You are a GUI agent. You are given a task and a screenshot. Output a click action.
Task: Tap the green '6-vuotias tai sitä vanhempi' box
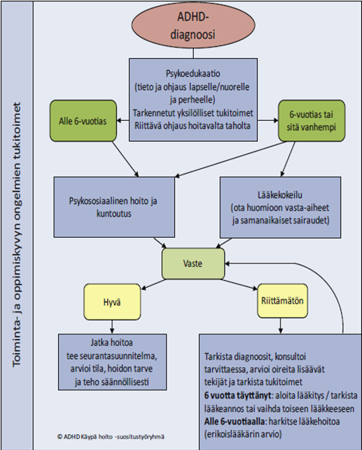pyautogui.click(x=311, y=119)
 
